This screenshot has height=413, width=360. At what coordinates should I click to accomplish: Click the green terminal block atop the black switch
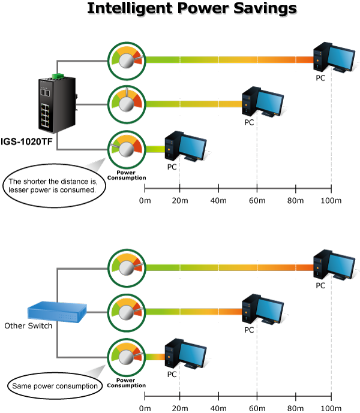coord(58,76)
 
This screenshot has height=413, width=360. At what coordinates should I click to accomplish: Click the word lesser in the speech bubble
coord(20,189)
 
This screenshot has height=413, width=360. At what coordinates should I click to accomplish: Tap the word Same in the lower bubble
coord(22,386)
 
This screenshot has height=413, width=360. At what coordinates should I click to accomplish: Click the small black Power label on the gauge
coord(125,379)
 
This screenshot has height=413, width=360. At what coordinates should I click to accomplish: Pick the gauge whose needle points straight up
coord(126,103)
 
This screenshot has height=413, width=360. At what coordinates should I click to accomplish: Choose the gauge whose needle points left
coord(126,147)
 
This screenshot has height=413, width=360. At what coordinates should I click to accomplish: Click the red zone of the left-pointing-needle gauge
coord(139,146)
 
